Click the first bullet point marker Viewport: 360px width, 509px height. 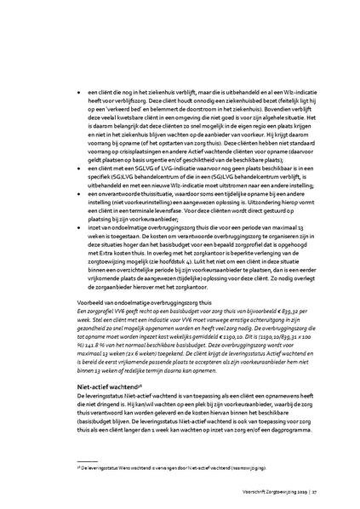[79, 89]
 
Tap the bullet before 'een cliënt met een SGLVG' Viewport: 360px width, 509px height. [79, 170]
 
